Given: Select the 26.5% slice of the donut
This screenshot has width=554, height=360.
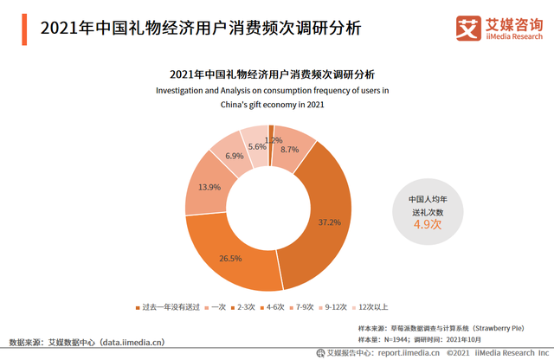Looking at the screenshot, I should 230,256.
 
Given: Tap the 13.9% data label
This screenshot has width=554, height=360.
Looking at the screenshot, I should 209,187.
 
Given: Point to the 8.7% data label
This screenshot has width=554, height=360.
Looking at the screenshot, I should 289,149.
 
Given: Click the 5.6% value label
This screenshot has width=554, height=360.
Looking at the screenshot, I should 256,146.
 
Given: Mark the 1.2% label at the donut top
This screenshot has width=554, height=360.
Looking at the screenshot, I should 274,140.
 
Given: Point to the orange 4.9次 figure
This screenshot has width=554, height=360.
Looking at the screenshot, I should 427,224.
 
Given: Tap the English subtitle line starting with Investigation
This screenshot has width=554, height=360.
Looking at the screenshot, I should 272,90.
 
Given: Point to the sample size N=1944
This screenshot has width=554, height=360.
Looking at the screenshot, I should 408,340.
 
